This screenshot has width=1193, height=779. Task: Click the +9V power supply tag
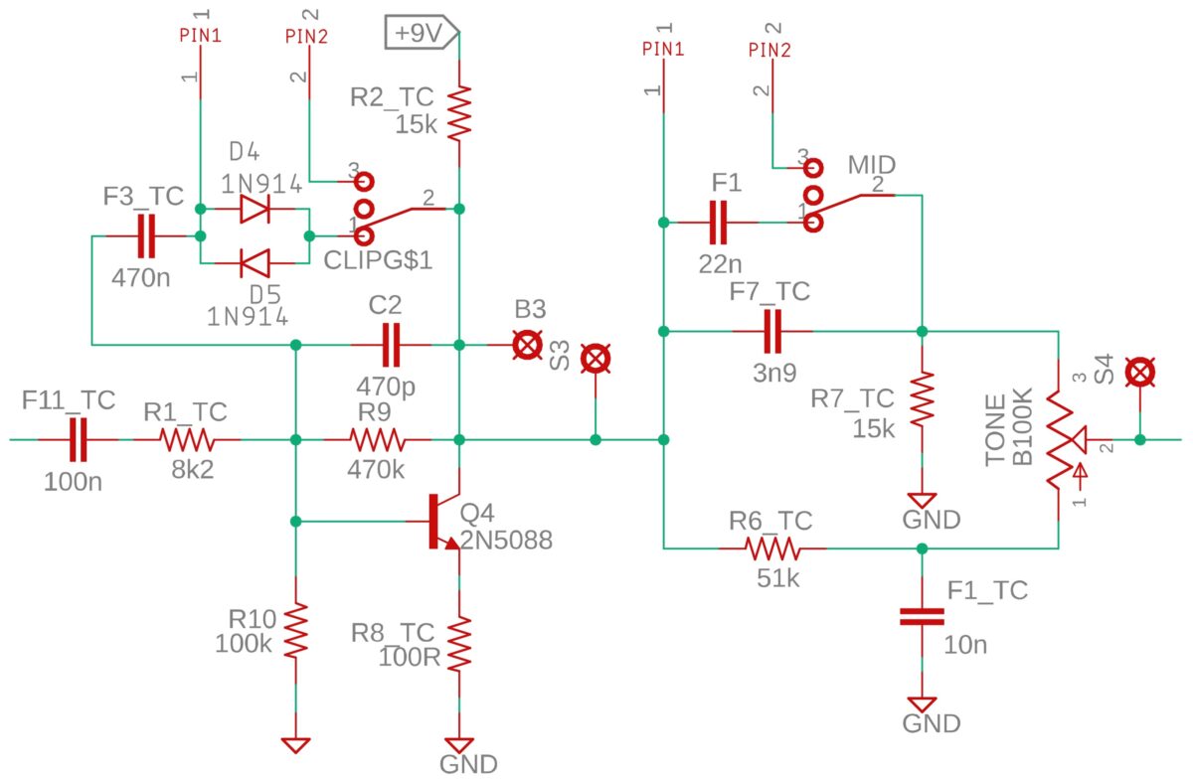pos(422,33)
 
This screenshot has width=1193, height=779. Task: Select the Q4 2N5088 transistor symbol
pos(444,522)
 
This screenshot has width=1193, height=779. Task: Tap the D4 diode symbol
pos(256,209)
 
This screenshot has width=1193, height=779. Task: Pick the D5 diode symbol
pos(256,263)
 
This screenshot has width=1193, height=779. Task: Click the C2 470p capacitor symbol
pos(392,345)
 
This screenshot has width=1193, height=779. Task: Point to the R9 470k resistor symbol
pos(378,440)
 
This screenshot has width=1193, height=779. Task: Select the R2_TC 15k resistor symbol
pos(459,113)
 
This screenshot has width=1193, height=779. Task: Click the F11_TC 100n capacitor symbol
pos(79,440)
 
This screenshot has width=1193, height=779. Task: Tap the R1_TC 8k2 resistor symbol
pos(187,440)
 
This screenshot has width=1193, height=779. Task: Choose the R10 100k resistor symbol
pos(296,630)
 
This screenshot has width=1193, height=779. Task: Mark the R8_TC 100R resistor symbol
pos(459,643)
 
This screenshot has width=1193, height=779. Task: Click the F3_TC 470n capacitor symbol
pos(146,235)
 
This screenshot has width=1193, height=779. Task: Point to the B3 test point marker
pos(527,345)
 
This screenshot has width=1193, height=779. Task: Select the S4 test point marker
pos(1140,373)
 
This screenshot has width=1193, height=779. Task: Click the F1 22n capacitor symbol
pos(719,222)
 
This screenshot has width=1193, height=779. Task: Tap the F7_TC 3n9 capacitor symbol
pos(772,331)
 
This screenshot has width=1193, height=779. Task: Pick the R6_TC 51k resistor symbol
pos(772,547)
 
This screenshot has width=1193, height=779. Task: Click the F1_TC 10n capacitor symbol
pos(922,617)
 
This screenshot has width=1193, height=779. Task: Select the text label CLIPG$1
pos(378,260)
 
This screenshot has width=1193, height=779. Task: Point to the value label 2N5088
pos(506,541)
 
